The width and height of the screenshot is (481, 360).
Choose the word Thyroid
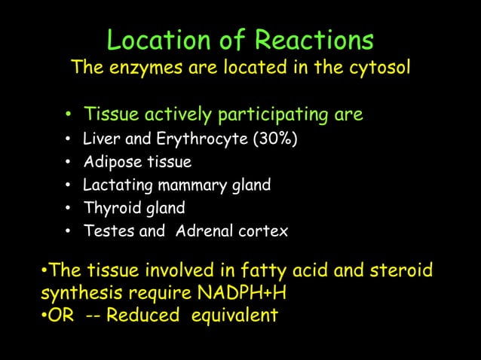click(x=108, y=208)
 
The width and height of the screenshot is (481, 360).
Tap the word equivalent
click(x=234, y=315)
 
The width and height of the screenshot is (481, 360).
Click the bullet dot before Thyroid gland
click(x=69, y=209)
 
